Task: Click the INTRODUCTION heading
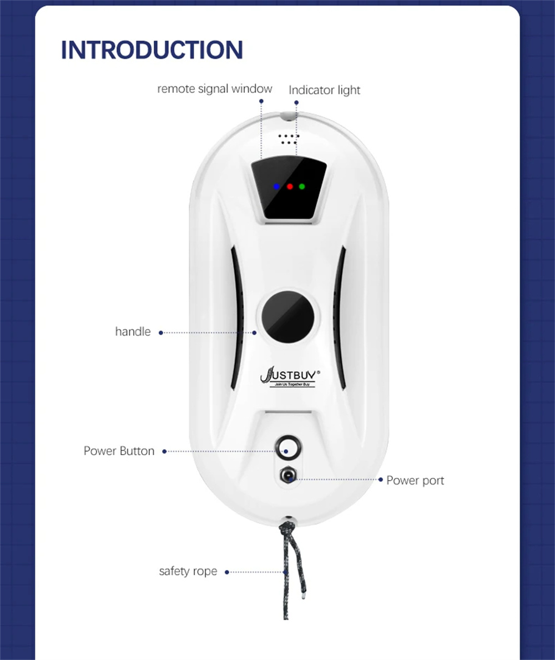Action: tap(152, 49)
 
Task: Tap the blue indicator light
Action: tap(276, 187)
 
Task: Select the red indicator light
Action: tap(290, 187)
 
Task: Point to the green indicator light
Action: tap(302, 187)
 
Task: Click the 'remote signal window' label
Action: tap(215, 89)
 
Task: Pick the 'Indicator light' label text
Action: tap(325, 90)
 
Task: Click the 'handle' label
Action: tap(133, 332)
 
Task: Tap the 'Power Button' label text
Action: tap(119, 451)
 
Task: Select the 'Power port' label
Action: tap(415, 480)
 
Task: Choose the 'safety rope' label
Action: tap(188, 571)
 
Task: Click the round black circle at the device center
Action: tap(288, 316)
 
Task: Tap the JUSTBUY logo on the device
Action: tap(290, 376)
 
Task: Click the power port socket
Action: tap(288, 476)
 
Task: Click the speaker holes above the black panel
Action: tap(288, 139)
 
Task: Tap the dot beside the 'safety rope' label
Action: tap(227, 572)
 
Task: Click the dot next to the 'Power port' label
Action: tap(380, 480)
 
